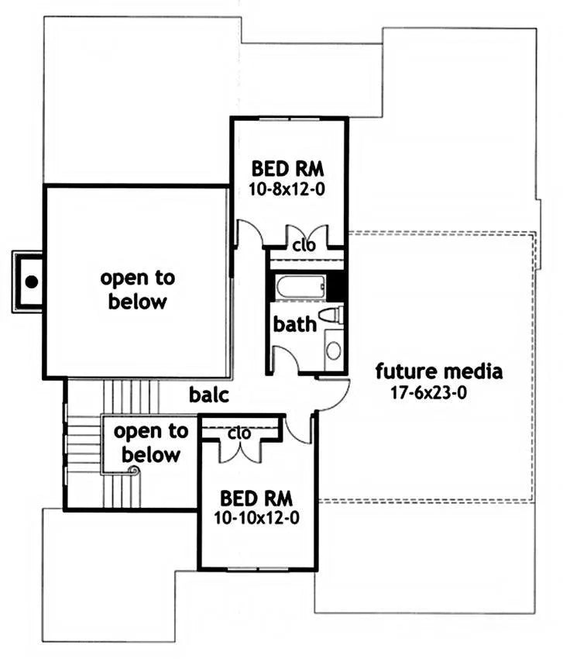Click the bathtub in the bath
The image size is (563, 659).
click(300, 287)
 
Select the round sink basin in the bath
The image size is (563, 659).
click(334, 350)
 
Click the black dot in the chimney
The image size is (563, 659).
click(32, 281)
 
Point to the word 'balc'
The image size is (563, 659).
click(208, 395)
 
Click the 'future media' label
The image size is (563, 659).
click(439, 371)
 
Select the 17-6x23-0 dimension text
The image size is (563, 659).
click(429, 393)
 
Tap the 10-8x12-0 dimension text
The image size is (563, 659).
click(287, 189)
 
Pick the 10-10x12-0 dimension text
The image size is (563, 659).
click(256, 518)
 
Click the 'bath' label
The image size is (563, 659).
click(295, 324)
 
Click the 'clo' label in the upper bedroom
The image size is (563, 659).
click(304, 245)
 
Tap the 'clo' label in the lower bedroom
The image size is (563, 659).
click(239, 433)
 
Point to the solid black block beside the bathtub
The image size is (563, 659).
click(335, 287)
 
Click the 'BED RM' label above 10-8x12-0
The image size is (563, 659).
click(287, 169)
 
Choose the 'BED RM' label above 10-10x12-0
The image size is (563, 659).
click(256, 499)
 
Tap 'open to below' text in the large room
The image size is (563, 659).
click(137, 290)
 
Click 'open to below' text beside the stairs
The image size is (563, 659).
click(151, 443)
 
